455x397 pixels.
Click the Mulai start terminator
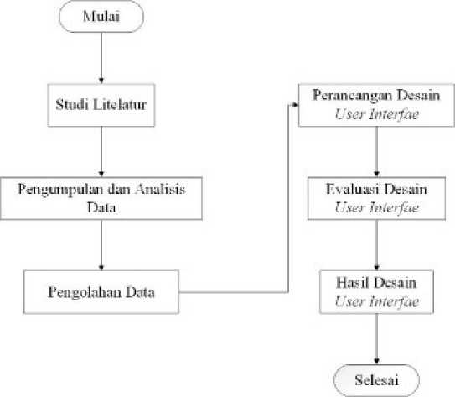point(101,16)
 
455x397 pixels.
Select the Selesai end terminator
point(376,380)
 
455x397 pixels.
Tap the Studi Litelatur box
point(101,105)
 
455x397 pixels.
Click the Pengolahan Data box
point(101,292)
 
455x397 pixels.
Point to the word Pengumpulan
point(60,190)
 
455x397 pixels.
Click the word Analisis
point(160,189)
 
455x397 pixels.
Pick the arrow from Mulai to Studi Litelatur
point(101,58)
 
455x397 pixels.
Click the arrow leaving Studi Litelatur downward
point(101,151)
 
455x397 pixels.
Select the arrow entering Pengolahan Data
point(101,245)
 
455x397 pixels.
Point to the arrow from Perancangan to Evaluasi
point(376,151)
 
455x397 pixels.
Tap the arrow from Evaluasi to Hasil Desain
point(376,245)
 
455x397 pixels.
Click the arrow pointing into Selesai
point(376,338)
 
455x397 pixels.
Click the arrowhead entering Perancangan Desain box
point(296,105)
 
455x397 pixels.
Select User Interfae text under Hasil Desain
point(376,301)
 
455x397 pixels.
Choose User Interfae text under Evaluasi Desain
point(376,207)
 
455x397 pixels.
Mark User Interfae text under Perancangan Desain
point(376,114)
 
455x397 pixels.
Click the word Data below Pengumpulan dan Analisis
point(101,207)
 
